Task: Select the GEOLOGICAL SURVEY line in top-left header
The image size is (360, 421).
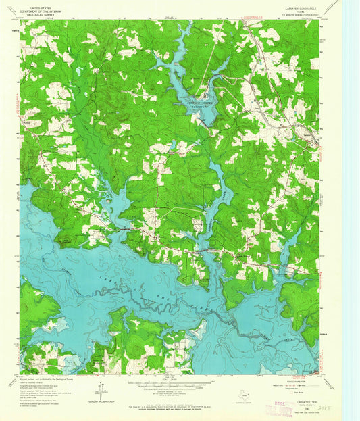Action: tap(40, 15)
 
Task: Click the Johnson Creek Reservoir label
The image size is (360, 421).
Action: tap(192, 103)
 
